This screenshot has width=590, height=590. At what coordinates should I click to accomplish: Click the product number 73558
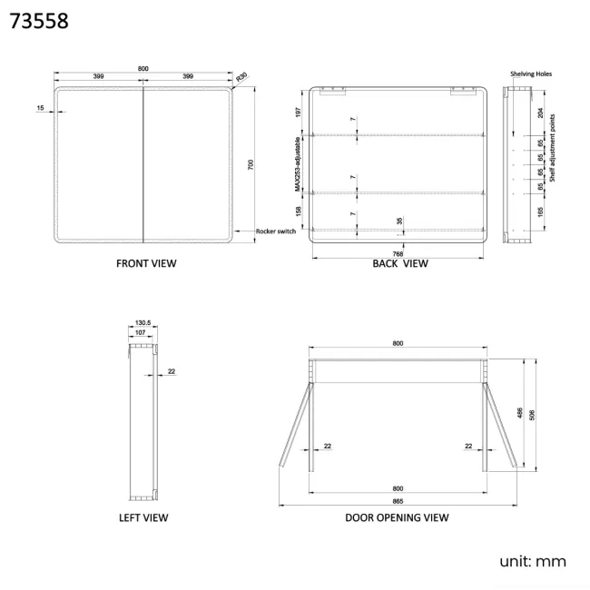[x=39, y=21]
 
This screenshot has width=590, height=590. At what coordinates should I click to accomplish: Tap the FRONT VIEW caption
[x=146, y=263]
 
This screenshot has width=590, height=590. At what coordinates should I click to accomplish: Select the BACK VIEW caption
[x=400, y=263]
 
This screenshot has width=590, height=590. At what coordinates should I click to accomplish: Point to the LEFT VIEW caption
[x=143, y=517]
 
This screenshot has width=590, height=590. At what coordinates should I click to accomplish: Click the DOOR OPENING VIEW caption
[x=397, y=517]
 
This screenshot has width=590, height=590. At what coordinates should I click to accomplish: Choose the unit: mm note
[x=533, y=561]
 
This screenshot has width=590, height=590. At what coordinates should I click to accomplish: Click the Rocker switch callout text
[x=276, y=231]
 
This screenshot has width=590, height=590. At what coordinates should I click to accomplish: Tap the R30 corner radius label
[x=241, y=77]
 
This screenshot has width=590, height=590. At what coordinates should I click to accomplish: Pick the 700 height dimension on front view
[x=251, y=165]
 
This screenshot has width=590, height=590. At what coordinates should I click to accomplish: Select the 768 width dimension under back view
[x=398, y=254]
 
